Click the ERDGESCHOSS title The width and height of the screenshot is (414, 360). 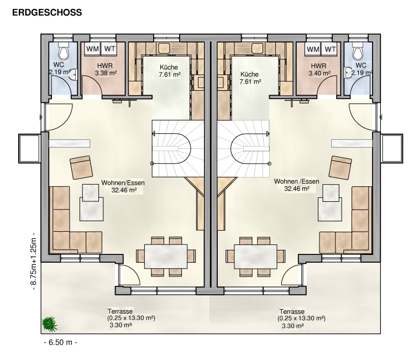point(47,12)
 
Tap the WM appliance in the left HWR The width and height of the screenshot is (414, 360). point(93,49)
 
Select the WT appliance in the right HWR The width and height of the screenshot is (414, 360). point(330,49)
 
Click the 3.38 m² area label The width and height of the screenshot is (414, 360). point(106,73)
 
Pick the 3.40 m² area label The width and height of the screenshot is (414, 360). point(319,73)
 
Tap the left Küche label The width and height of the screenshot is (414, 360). point(169,67)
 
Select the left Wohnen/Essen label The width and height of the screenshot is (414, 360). point(123,182)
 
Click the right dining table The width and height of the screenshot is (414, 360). point(255,257)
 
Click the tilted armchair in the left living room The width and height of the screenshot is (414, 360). point(81,167)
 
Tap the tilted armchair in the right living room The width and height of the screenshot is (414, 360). point(340,168)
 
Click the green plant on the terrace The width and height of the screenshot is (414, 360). point(49,324)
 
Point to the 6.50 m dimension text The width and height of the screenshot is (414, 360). point(60,342)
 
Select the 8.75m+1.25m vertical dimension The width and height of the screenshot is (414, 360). point(34,262)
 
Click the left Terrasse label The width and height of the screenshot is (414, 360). point(120,311)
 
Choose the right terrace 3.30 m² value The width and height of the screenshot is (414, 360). point(292,326)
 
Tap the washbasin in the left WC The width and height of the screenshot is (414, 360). point(74,74)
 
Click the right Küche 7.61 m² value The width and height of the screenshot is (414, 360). point(250,82)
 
